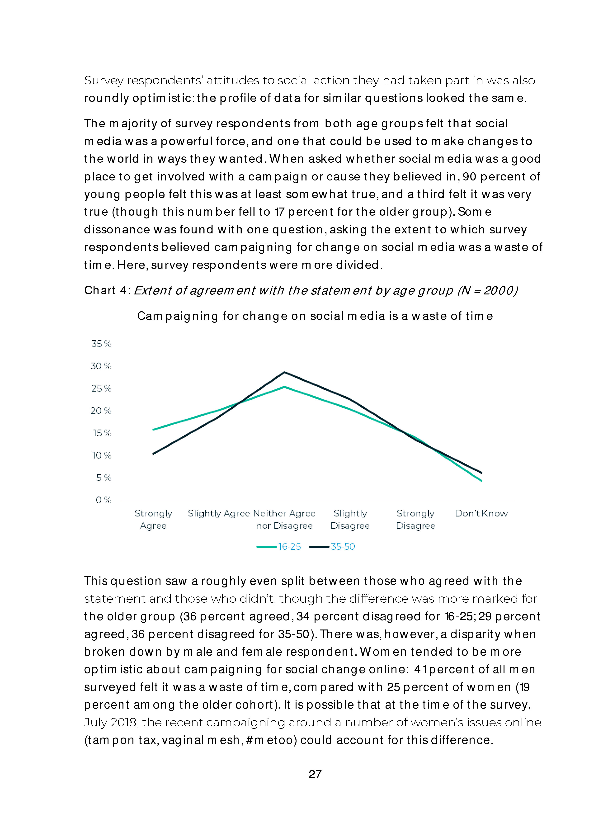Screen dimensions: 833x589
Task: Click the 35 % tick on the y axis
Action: [x=101, y=344]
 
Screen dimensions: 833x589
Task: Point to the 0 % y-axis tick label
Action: [x=103, y=500]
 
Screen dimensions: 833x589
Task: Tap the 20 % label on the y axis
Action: [x=101, y=411]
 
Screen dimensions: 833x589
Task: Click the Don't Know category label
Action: [x=481, y=513]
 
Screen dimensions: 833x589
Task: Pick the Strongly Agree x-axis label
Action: [x=153, y=520]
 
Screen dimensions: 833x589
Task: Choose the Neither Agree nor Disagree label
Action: [x=284, y=520]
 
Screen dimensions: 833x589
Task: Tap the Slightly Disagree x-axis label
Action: [x=350, y=520]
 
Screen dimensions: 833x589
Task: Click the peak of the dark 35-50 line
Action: [x=285, y=372]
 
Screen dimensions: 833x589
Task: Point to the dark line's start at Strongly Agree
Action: [x=153, y=454]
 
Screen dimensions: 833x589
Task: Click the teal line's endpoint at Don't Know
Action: [x=481, y=481]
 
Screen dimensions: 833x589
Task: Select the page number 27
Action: [x=315, y=774]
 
